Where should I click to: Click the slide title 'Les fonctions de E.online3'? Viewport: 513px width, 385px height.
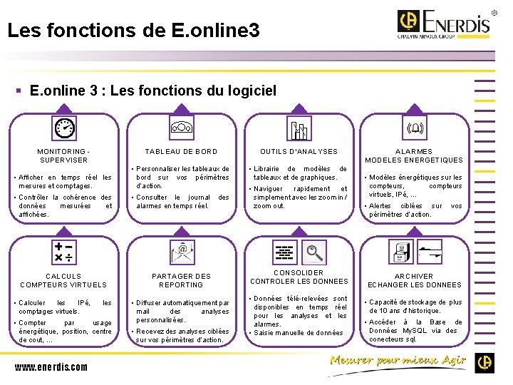(133, 31)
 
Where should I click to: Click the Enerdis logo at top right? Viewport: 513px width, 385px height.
(444, 24)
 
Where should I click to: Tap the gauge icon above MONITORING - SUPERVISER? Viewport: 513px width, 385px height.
(65, 128)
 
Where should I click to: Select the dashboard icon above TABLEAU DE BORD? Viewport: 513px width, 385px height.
(181, 128)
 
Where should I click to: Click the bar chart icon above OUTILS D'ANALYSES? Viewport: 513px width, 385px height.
(299, 129)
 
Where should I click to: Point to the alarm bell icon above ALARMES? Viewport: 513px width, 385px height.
(414, 129)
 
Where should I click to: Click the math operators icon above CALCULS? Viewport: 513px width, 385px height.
(65, 251)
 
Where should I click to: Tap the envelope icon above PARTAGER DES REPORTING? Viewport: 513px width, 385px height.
(182, 252)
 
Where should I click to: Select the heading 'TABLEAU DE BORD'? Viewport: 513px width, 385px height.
(181, 152)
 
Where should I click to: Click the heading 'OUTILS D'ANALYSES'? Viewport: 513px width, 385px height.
(299, 152)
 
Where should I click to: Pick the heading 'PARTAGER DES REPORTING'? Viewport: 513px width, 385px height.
(181, 280)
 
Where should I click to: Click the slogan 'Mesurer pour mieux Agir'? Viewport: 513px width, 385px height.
(397, 361)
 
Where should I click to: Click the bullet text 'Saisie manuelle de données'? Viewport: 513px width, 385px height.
(299, 333)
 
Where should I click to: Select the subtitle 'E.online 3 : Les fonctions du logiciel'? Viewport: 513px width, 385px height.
(153, 91)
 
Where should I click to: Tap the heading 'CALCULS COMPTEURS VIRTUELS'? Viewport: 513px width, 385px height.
(63, 280)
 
